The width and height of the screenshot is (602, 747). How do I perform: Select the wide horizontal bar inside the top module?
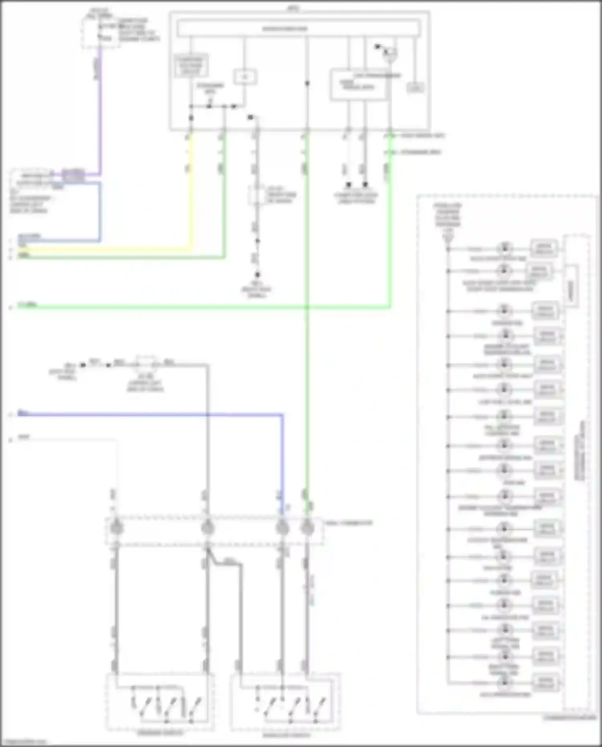pos(299,29)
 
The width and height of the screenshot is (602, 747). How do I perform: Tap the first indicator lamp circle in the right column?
pos(505,248)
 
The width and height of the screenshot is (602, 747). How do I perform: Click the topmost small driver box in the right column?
pos(544,248)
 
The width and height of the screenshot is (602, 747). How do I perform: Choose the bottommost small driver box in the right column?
pos(546,682)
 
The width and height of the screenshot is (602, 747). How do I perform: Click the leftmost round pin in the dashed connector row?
pos(116,527)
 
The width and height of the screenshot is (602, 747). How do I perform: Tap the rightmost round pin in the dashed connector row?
pos(307,527)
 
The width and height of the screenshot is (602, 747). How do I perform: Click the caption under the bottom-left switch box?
pos(160,733)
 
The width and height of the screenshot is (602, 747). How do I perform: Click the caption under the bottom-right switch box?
pos(286,735)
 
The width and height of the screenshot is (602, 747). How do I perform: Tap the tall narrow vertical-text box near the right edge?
pos(571,287)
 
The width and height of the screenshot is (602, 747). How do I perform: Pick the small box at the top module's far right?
pos(415,88)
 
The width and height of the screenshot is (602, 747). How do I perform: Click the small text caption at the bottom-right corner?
pos(570,717)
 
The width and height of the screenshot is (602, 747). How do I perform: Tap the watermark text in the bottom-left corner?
pos(24,742)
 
